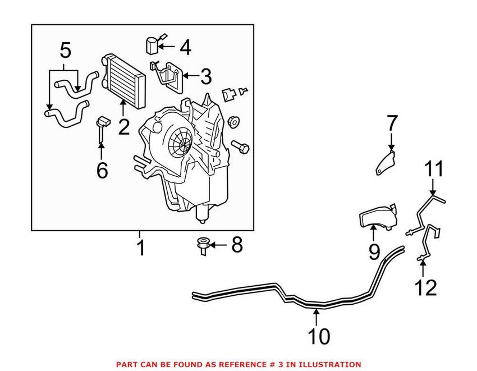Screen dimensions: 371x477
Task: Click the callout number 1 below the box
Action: click(140, 247)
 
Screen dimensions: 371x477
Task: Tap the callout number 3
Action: click(205, 76)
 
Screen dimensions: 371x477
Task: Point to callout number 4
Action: click(184, 48)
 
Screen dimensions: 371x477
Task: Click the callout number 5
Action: click(66, 52)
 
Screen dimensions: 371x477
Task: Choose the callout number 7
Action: click(392, 123)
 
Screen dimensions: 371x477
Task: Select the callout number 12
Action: click(425, 287)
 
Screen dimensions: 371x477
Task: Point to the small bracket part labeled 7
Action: click(385, 163)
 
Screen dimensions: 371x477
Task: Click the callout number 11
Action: click(433, 169)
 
